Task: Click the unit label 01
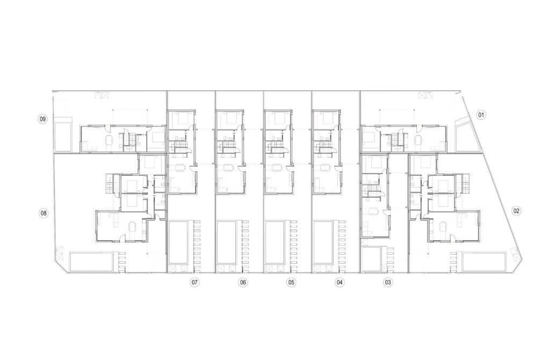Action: click(481, 114)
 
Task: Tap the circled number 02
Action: click(516, 211)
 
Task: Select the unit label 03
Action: click(387, 282)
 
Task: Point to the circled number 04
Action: click(339, 282)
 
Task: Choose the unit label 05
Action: click(291, 282)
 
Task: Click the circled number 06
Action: click(243, 282)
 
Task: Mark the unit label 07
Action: click(194, 282)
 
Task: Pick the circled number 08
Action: click(43, 213)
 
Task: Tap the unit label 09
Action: click(42, 119)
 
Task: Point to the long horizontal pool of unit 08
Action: click(92, 262)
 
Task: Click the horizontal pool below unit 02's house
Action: click(484, 262)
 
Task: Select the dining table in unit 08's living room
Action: click(133, 227)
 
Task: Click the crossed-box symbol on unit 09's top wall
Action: click(101, 95)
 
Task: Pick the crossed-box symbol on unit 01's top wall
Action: click(425, 95)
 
